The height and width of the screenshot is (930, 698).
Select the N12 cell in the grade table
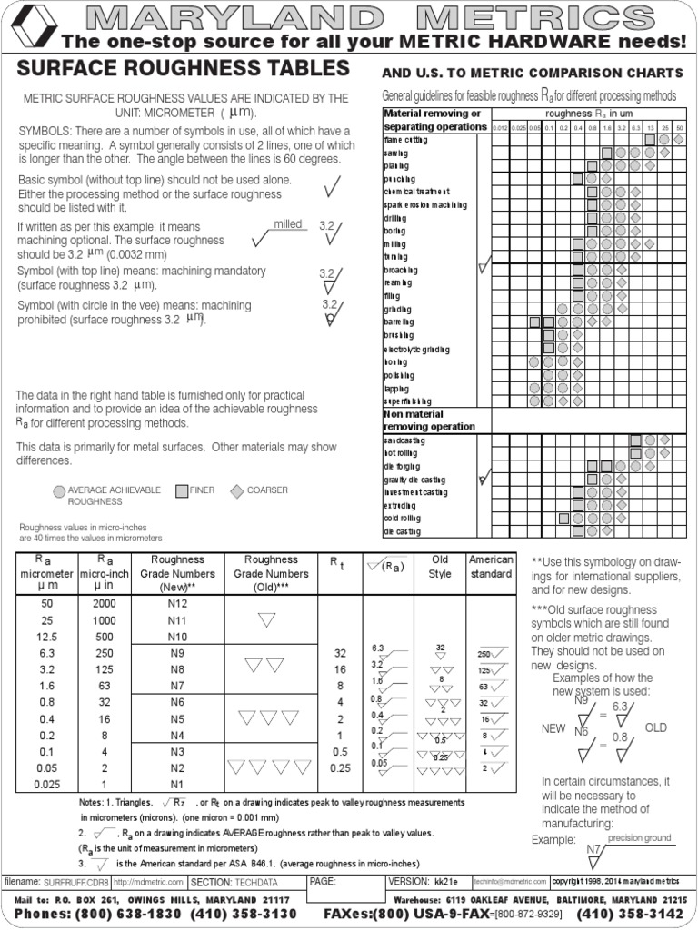(178, 604)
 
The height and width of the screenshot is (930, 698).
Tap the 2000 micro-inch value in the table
(104, 604)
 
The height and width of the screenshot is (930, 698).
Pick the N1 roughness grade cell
(178, 784)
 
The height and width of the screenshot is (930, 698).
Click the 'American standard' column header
(490, 567)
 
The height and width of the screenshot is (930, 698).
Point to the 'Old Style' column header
(439, 567)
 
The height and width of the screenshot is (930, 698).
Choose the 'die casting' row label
(401, 530)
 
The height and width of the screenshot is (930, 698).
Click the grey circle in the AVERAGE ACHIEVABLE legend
(60, 491)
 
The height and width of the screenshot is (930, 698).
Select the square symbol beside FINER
(182, 491)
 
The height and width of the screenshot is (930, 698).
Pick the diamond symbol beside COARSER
(236, 491)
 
